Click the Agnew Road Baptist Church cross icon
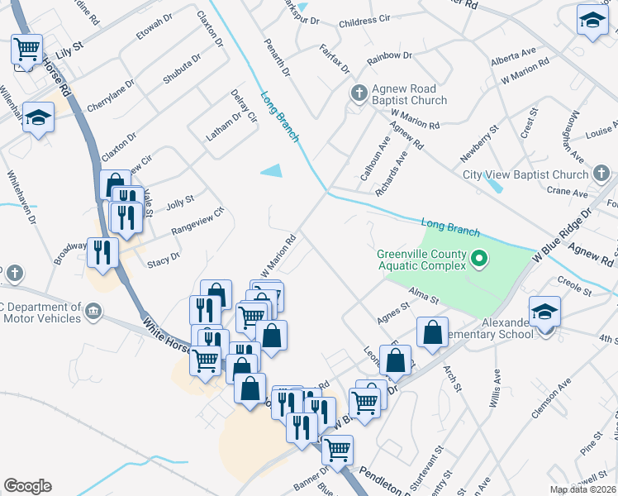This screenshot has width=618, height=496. tap(359, 92)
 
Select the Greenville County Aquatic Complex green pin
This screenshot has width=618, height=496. tap(478, 261)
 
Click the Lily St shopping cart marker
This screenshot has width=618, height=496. tap(26, 50)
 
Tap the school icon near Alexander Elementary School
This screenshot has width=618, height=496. tap(544, 312)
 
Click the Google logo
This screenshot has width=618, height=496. tap(27, 486)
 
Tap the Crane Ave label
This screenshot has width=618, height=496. tap(567, 193)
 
